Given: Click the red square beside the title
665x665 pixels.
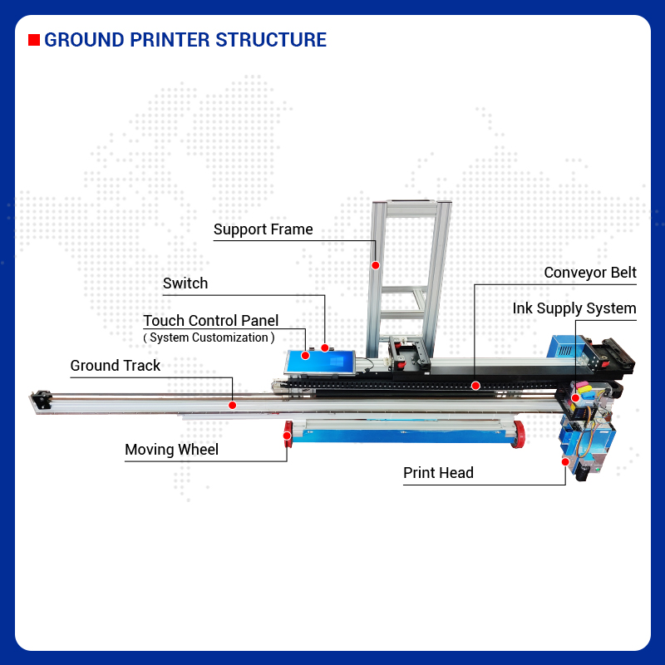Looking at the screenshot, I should pos(34,40).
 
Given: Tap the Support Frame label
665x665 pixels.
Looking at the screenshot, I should pos(263,229).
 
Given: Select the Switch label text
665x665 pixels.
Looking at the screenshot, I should pos(185,283).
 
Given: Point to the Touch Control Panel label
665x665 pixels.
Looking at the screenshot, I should pos(210,321).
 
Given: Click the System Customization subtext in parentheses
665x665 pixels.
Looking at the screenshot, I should pos(209,337).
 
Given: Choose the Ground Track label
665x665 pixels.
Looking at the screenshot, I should pos(115,366).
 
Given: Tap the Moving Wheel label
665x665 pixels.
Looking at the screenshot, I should pos(171,450).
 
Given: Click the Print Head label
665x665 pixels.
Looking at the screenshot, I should pos(438,473).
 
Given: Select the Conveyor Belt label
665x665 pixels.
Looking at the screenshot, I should pos(590,273).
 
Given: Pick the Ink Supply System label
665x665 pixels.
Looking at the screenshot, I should pos(574,308).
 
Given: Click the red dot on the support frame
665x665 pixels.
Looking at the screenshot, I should pos(376,265).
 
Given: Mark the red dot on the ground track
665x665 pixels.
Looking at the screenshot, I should pos(233,405).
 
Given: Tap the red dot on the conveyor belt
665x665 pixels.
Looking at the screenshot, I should pos(475,385).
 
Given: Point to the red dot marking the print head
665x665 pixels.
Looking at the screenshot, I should pos(565,461).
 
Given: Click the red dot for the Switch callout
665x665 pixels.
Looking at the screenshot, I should pos(325,348).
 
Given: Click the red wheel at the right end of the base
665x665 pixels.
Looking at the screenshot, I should pos(520,432).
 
